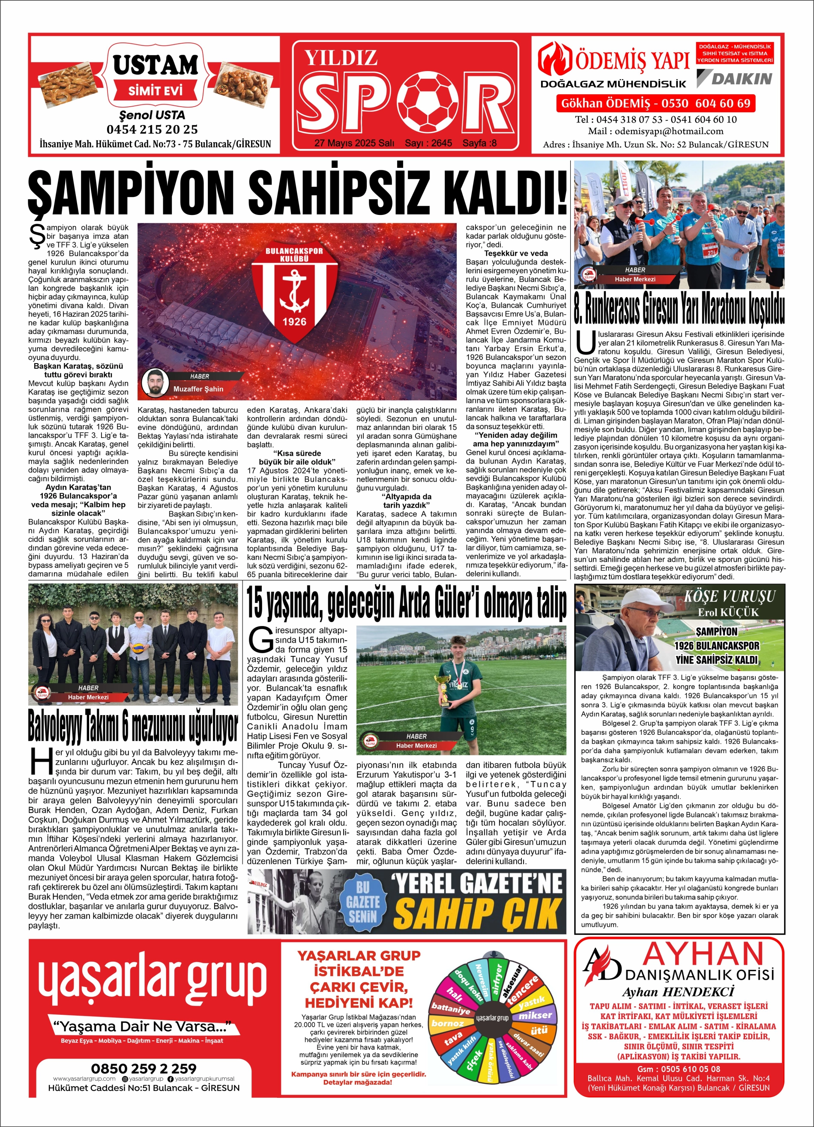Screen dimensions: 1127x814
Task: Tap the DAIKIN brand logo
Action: click(x=734, y=78)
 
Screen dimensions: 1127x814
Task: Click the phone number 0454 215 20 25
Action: click(x=152, y=130)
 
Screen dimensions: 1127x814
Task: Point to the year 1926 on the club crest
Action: click(x=294, y=322)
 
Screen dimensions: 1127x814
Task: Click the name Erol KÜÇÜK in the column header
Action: click(x=728, y=612)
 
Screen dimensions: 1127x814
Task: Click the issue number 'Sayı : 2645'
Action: click(x=428, y=143)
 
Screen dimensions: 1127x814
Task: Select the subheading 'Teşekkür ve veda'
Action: click(x=516, y=253)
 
